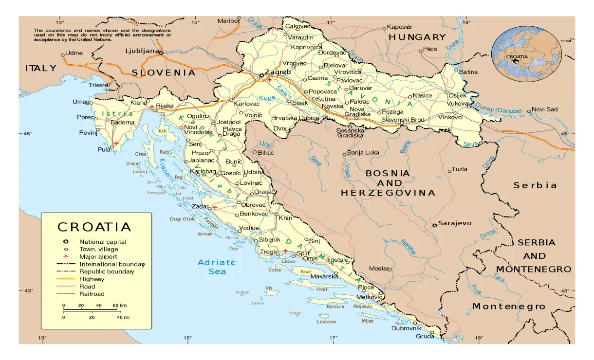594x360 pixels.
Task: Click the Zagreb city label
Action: point(278,72)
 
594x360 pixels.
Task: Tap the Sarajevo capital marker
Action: point(434,225)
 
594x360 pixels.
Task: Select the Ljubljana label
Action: point(142,51)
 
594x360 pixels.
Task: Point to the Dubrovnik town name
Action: point(406,328)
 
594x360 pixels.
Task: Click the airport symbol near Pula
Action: point(116,144)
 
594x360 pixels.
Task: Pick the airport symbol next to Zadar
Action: point(215,207)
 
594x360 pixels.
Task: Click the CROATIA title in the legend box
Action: point(94,227)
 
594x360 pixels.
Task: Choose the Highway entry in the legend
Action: point(92,279)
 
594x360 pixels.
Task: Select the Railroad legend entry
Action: point(92,294)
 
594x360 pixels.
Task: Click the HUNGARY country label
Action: point(417,37)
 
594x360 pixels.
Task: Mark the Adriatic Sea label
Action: point(217,267)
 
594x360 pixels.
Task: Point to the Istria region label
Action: point(117,114)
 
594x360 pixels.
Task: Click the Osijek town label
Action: point(457,95)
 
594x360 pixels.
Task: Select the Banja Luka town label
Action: point(363,153)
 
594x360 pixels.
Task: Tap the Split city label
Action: point(303,253)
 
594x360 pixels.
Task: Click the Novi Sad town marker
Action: point(529,111)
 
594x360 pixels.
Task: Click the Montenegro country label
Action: point(509,306)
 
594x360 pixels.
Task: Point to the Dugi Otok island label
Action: point(182,219)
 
